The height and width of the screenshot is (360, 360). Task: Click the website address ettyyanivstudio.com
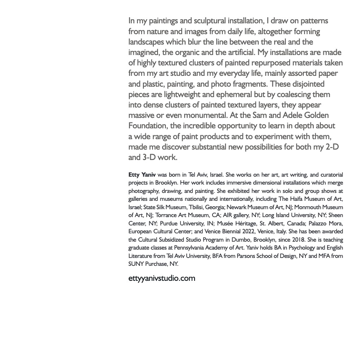162,278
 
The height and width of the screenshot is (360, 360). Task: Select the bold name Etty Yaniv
142,175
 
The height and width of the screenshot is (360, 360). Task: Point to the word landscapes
146,42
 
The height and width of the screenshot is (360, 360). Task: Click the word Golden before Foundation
314,115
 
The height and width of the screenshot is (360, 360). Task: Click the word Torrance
167,215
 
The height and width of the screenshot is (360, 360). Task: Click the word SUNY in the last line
136,264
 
